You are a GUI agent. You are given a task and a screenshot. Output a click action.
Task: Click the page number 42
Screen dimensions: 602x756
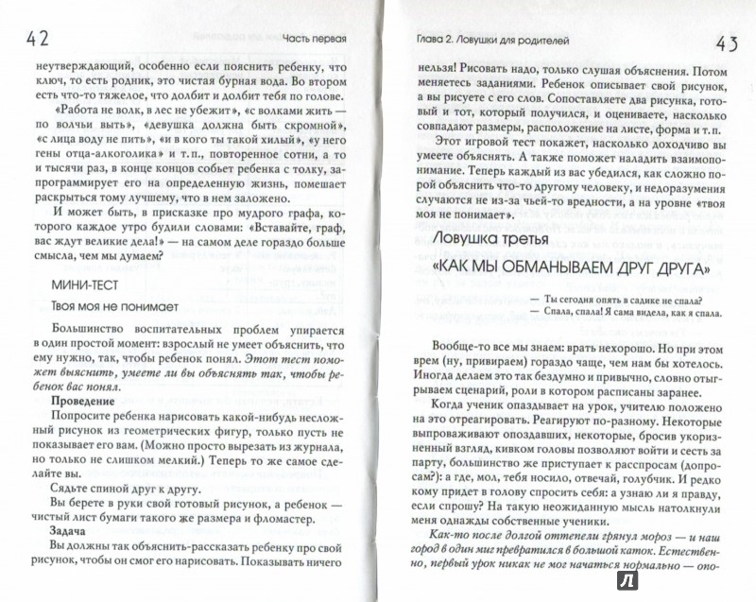pos(30,42)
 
